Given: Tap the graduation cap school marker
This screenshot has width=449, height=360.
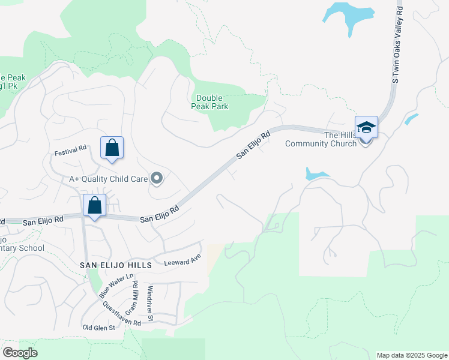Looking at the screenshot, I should (366, 127).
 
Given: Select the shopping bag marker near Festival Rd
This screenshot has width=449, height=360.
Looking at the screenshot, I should (112, 148).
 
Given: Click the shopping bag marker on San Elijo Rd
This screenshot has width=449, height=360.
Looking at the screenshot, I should (95, 205).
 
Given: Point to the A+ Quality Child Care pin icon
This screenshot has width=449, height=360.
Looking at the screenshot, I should (157, 178).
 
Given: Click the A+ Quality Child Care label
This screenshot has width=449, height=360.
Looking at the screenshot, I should (108, 178).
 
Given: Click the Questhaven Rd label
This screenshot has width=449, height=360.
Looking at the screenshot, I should (122, 314).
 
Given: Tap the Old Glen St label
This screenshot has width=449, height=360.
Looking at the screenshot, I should (98, 328).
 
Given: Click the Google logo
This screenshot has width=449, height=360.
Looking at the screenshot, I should (20, 353).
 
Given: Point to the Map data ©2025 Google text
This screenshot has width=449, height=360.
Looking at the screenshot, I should (411, 355).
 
